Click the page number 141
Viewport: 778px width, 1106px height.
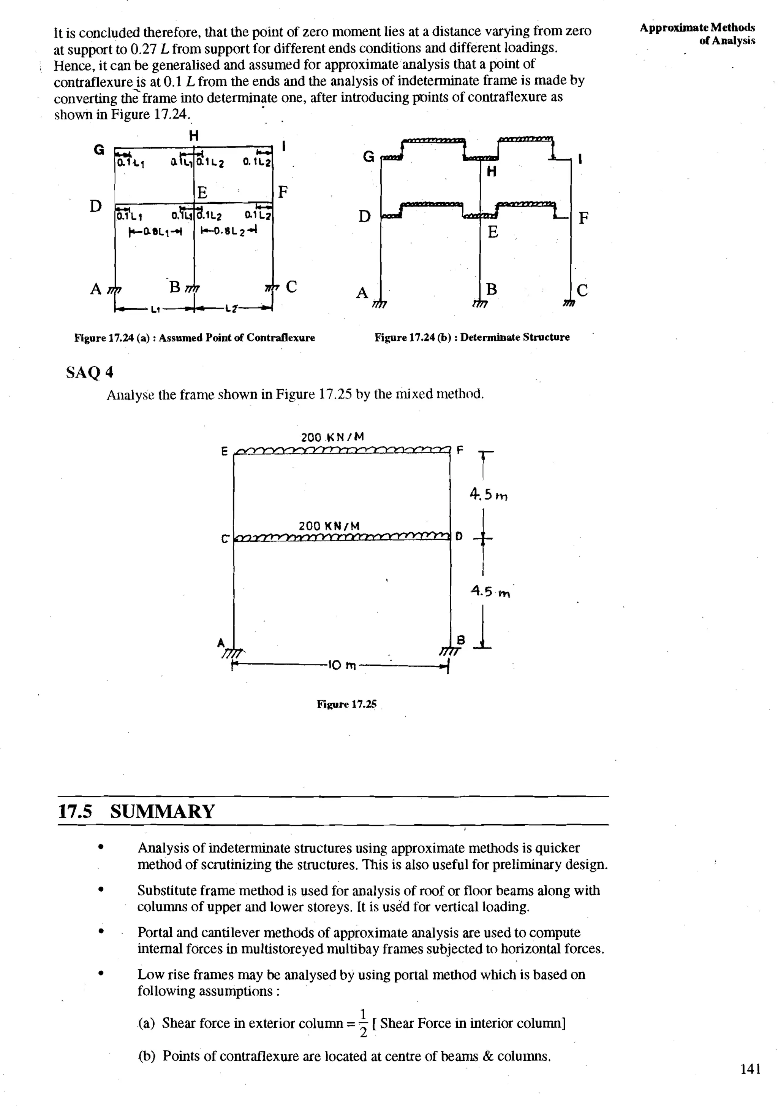[x=750, y=1069]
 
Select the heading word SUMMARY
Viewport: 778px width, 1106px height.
[x=162, y=812]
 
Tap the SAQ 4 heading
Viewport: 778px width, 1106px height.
[x=90, y=372]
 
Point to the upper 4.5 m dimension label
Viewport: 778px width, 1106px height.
[x=489, y=495]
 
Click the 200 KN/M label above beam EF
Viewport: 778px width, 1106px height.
[x=332, y=437]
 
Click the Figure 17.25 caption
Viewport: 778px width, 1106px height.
[x=346, y=704]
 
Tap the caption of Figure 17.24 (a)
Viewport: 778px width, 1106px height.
[x=194, y=338]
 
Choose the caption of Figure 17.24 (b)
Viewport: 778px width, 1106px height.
[x=472, y=337]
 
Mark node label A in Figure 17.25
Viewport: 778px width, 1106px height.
[x=221, y=643]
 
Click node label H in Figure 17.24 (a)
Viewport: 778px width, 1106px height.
[x=193, y=135]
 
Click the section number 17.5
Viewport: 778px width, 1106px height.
[x=74, y=812]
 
